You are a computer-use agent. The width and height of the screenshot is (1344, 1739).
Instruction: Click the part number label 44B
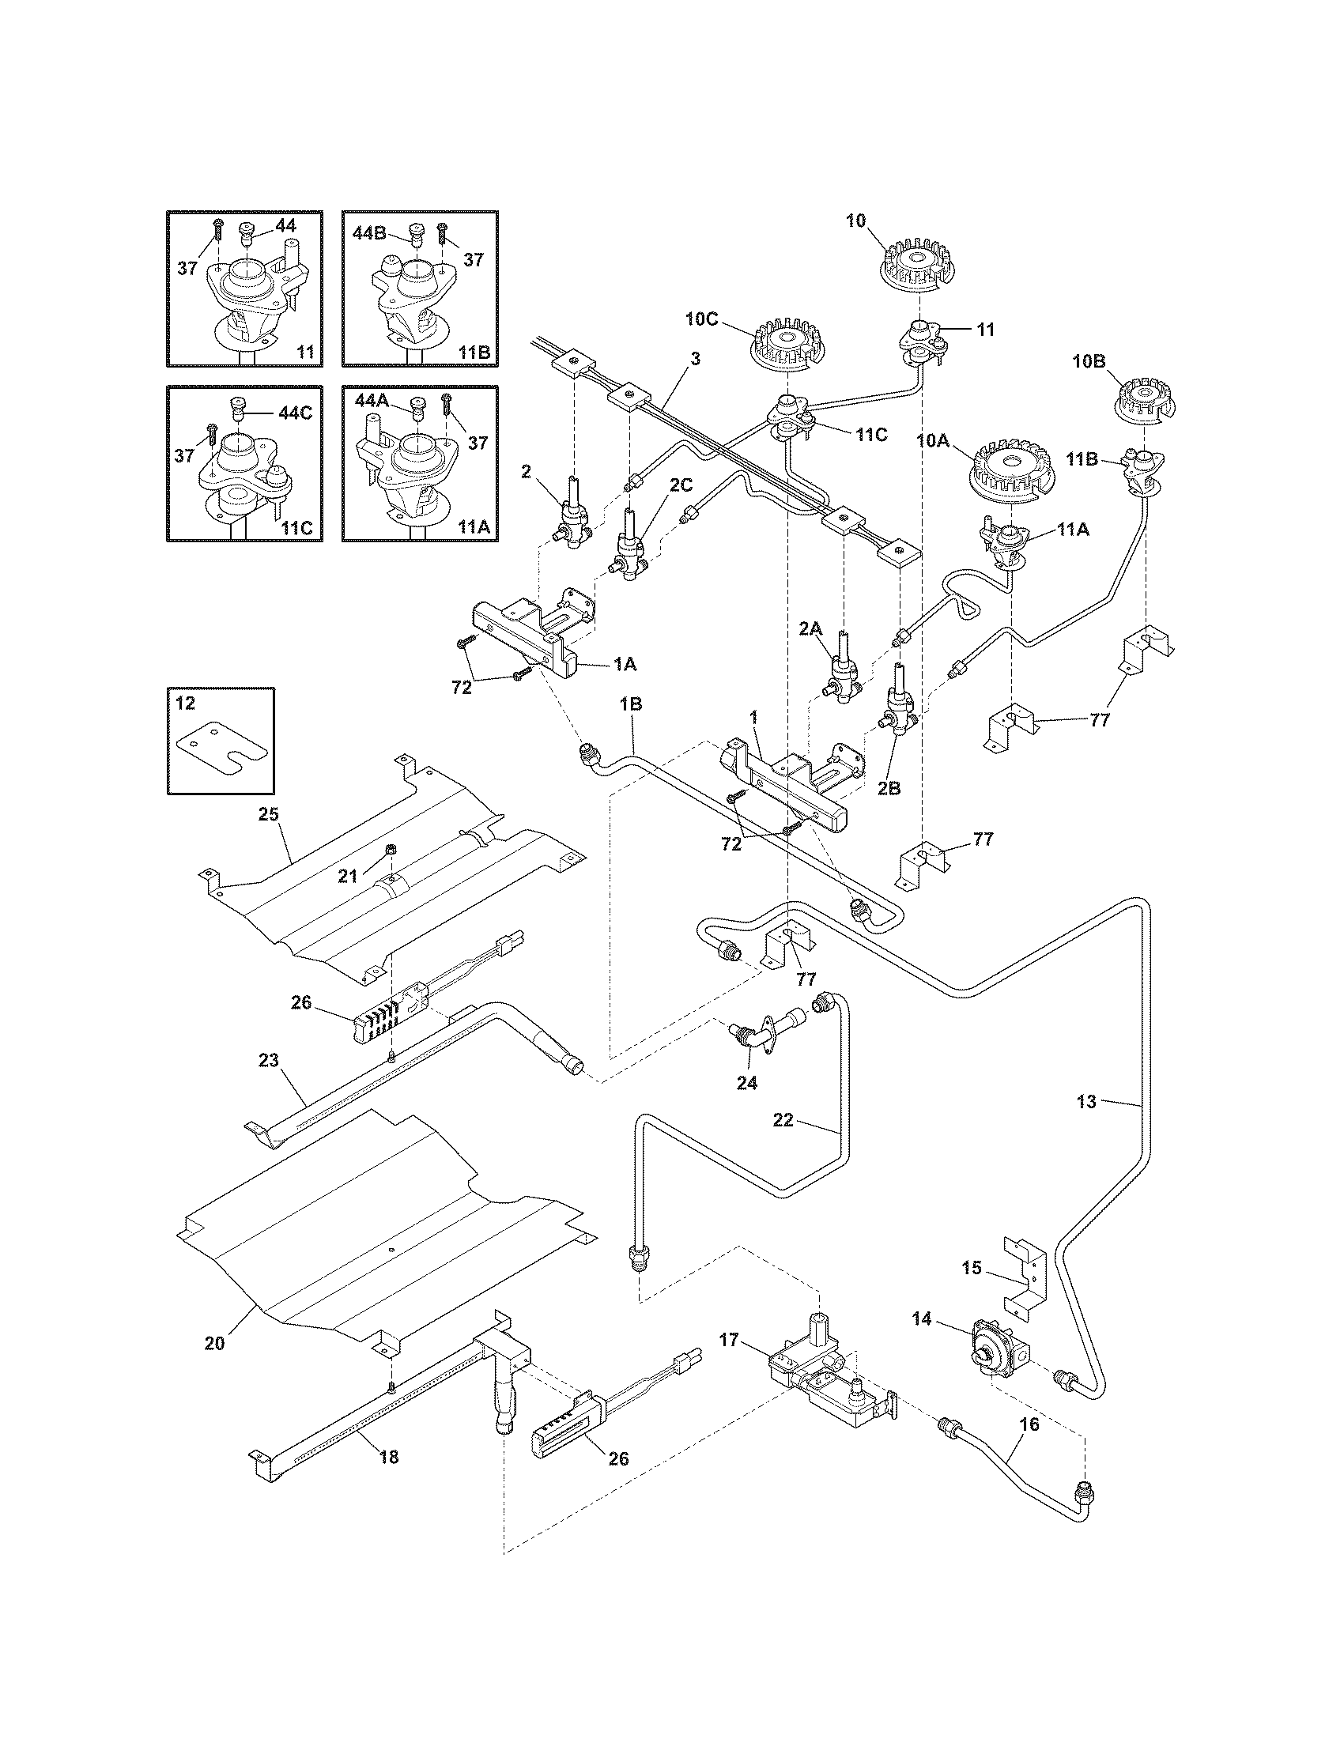(368, 232)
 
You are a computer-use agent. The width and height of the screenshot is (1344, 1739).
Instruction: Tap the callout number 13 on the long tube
(1086, 1102)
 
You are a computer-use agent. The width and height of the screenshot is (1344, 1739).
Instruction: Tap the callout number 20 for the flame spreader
(215, 1342)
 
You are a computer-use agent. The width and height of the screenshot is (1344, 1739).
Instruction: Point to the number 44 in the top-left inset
(285, 226)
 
